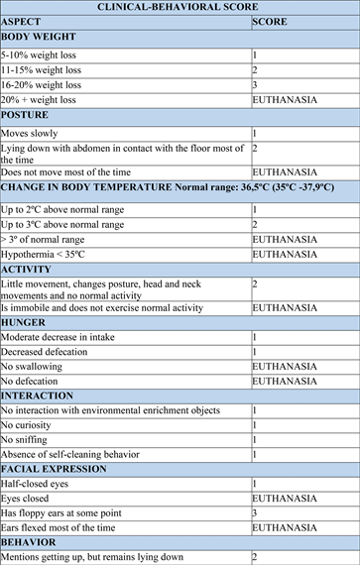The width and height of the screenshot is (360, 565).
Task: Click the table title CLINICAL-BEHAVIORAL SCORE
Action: pyautogui.click(x=180, y=6)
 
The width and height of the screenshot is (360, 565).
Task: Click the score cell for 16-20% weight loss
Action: pyautogui.click(x=255, y=85)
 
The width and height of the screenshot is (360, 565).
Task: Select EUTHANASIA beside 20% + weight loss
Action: pyautogui.click(x=285, y=100)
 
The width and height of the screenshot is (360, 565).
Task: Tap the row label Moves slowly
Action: pyautogui.click(x=30, y=133)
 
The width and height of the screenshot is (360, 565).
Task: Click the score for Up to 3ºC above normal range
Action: pyautogui.click(x=255, y=225)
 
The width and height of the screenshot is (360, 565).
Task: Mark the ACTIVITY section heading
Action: pyautogui.click(x=28, y=269)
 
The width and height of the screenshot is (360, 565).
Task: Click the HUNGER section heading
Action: pyautogui.click(x=26, y=322)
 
